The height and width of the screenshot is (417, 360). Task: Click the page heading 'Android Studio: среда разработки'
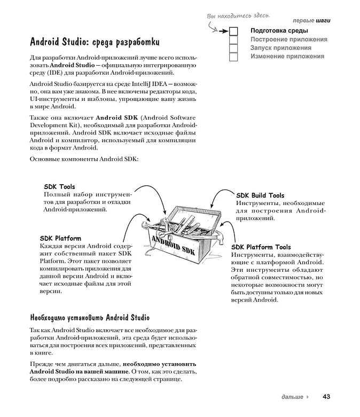click(x=95, y=42)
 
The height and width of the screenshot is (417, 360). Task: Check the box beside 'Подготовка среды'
click(x=233, y=31)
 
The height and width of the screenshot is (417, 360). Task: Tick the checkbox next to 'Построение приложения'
click(x=233, y=40)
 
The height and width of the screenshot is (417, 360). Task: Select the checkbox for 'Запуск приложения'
click(x=233, y=48)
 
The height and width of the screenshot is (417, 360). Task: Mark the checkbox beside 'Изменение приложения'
click(x=233, y=57)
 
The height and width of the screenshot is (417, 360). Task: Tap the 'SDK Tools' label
click(x=59, y=187)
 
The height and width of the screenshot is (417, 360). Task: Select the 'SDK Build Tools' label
click(x=260, y=195)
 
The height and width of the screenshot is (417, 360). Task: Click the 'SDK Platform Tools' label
click(x=261, y=247)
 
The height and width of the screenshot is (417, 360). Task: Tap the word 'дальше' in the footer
click(x=292, y=397)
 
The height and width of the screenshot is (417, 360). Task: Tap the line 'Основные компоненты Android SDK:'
click(x=84, y=159)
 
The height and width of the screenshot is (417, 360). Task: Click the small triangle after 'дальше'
click(x=308, y=397)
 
